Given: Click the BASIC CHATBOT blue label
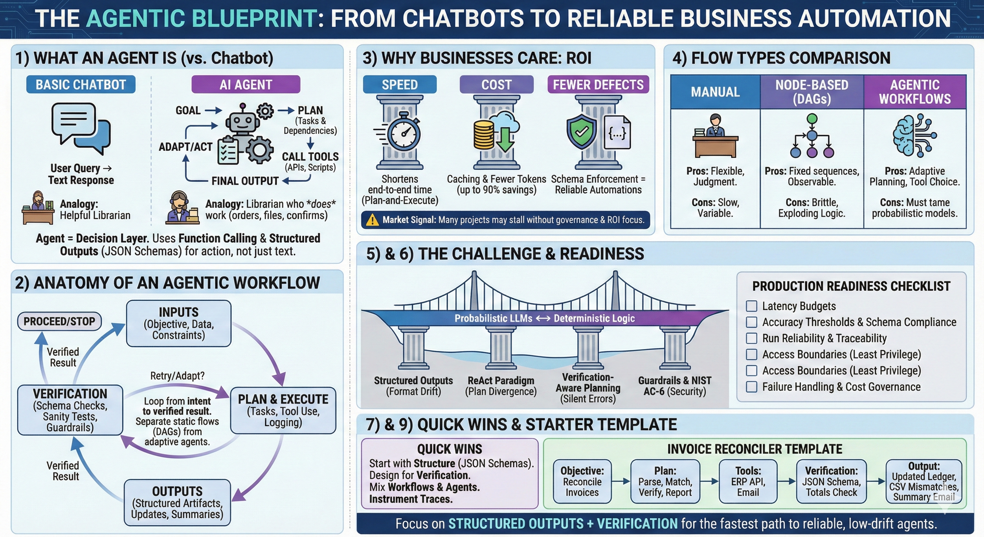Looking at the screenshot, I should click(x=81, y=85).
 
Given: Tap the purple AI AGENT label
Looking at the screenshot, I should click(x=246, y=85).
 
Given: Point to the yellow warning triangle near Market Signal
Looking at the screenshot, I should click(x=372, y=220).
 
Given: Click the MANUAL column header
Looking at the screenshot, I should click(x=715, y=92).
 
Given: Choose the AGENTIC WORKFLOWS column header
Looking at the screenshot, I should click(x=915, y=92).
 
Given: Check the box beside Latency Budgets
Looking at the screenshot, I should click(x=751, y=306).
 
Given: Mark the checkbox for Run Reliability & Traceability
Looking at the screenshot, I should click(x=751, y=338).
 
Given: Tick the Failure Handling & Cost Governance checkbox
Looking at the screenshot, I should click(x=751, y=387).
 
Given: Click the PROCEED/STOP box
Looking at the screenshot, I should click(x=60, y=321).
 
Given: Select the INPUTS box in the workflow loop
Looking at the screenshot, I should click(x=179, y=323).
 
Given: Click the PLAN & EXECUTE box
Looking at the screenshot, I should click(x=283, y=410).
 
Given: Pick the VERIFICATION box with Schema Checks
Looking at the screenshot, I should click(x=70, y=410).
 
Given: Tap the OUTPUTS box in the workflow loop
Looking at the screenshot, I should click(x=177, y=502).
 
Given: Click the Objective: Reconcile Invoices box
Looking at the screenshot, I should click(x=582, y=481).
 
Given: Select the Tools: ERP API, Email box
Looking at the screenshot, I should click(x=748, y=481).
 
